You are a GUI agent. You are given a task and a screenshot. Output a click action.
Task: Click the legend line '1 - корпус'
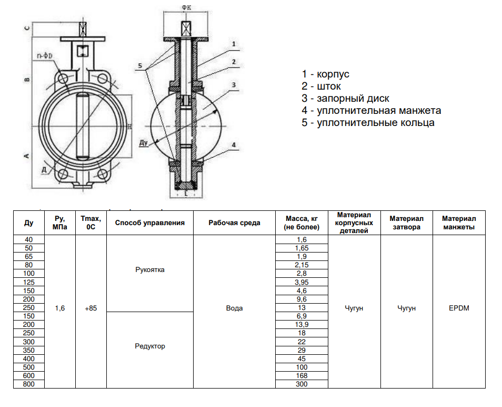point(325,74)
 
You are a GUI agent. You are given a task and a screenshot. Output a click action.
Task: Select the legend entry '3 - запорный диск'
point(345,99)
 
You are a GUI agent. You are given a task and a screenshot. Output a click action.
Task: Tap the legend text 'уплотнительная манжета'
point(378,111)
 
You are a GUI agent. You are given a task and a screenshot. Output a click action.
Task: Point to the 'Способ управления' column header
point(150,222)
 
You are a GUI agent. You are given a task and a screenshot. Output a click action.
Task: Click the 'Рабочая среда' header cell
point(234,222)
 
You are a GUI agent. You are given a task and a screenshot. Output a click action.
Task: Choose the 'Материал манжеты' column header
point(459,222)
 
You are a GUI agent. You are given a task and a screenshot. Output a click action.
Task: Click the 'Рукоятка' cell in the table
point(150,270)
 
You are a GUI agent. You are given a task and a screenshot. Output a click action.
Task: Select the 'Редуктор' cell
point(150,346)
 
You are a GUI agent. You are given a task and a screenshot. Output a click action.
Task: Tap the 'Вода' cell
point(234,308)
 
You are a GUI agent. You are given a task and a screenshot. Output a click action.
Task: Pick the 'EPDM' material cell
point(459,308)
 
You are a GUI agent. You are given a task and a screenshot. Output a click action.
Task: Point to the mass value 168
point(302,376)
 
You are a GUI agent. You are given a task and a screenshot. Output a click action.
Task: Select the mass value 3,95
point(302,282)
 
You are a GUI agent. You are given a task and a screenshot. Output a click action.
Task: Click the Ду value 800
point(29,384)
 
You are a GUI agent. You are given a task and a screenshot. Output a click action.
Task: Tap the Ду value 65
point(29,256)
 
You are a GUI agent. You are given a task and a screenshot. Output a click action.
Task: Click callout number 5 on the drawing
point(140,65)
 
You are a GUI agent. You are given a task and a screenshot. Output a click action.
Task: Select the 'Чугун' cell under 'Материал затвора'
point(406,308)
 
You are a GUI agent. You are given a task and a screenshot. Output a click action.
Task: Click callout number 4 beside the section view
point(233,144)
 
